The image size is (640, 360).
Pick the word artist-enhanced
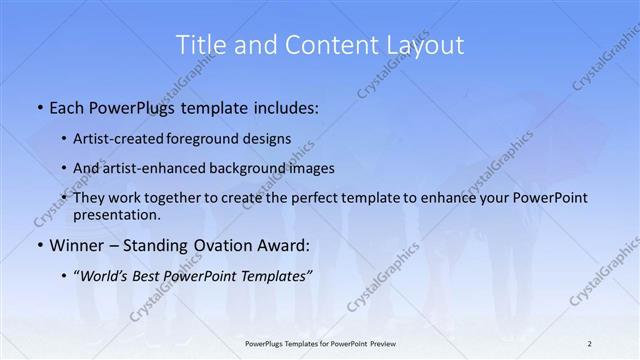(x=165, y=168)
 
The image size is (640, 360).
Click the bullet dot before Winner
(x=39, y=244)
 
